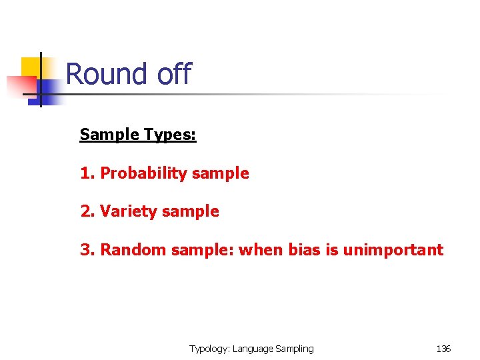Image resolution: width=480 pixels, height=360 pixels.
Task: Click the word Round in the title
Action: [x=107, y=74]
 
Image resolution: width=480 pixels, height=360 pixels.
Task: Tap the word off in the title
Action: [x=174, y=74]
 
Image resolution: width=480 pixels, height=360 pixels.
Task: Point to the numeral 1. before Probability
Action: [x=87, y=173]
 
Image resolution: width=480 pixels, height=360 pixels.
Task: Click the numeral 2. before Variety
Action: [x=87, y=211]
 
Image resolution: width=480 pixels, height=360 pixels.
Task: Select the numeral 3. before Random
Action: [x=87, y=250]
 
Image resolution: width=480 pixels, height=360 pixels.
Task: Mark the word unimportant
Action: [x=393, y=250]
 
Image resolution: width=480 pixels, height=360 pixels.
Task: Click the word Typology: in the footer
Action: [x=209, y=349]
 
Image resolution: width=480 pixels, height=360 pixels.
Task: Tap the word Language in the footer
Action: [x=253, y=349]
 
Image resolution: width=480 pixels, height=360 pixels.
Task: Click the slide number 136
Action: [x=443, y=349]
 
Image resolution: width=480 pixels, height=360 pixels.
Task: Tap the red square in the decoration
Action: [x=20, y=86]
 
